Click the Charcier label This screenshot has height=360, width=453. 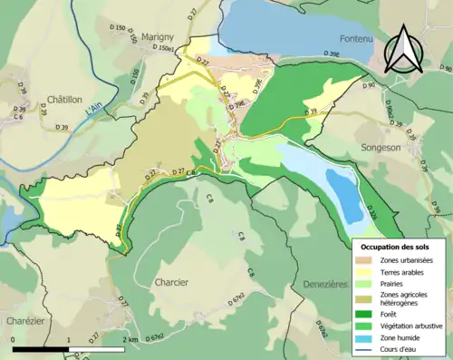point(171,282)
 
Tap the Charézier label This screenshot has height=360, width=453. point(20,320)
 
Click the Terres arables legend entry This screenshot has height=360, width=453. point(402,272)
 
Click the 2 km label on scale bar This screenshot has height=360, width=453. point(131,339)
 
